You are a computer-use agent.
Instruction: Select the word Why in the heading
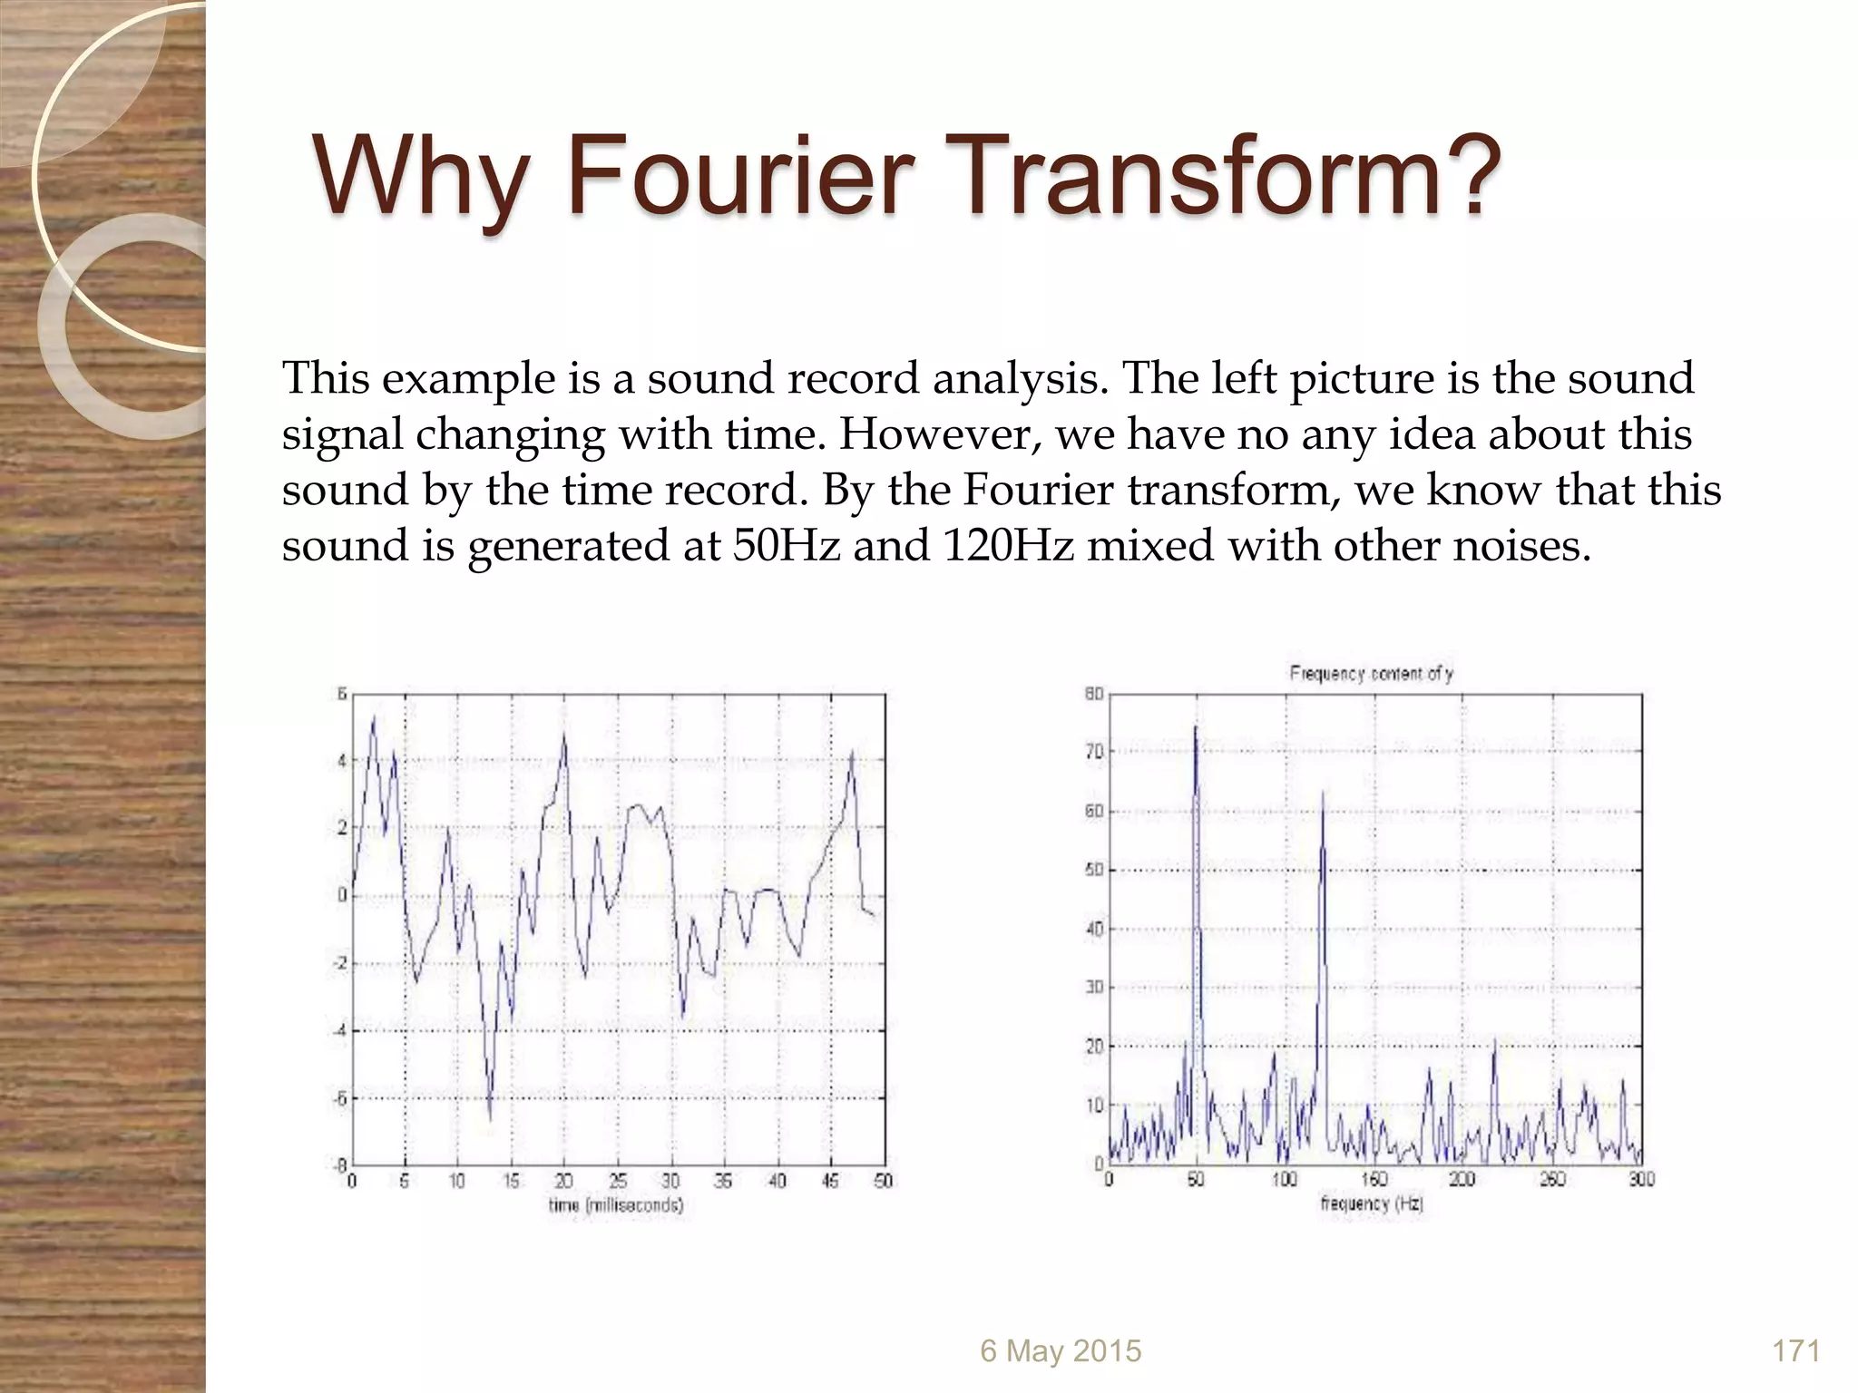point(419,177)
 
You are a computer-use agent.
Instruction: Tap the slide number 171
point(1795,1350)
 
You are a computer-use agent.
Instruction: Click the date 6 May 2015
point(1060,1350)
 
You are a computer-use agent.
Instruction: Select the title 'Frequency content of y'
point(1371,674)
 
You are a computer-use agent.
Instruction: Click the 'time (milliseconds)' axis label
point(616,1205)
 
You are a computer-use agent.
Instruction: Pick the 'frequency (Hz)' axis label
point(1371,1203)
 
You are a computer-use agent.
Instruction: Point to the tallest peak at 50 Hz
point(1196,728)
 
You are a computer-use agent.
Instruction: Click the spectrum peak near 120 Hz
point(1323,794)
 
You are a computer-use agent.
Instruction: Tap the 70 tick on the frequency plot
point(1094,752)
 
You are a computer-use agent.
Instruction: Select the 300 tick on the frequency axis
point(1642,1179)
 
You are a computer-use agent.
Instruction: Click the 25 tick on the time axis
point(618,1181)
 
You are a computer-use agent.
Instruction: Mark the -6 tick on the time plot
point(339,1098)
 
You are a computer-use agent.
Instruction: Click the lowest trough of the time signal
point(490,1119)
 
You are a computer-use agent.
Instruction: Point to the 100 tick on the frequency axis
point(1284,1179)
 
